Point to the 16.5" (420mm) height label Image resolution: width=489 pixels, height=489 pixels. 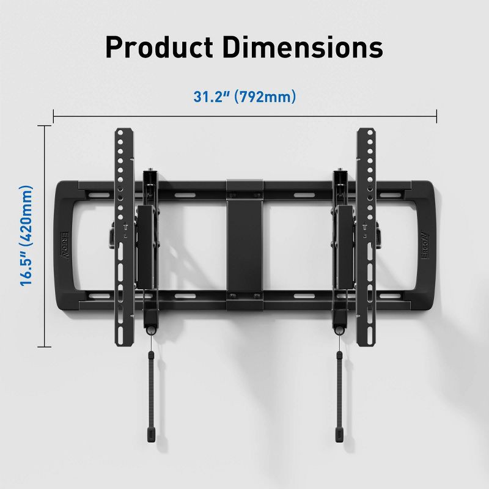(x=25, y=236)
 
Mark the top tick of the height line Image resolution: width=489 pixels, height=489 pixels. (x=44, y=125)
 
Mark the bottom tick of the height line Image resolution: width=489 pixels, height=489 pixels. (x=44, y=347)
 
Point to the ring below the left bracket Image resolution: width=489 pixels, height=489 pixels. (x=150, y=330)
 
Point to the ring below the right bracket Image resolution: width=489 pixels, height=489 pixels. (x=339, y=330)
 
